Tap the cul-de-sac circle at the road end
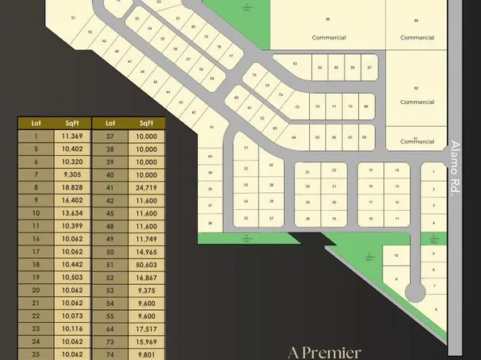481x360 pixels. [x=416, y=291]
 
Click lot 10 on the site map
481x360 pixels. [x=395, y=257]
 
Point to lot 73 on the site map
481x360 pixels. [x=297, y=107]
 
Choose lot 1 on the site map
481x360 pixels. [x=433, y=174]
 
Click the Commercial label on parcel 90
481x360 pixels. [x=417, y=103]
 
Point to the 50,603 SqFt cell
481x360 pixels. [x=146, y=264]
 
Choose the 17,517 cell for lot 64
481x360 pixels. [x=146, y=329]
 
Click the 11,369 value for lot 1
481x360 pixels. [x=72, y=136]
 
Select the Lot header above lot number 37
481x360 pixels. [x=110, y=123]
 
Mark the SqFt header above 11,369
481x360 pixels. [x=72, y=123]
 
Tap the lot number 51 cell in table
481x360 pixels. [x=110, y=264]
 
